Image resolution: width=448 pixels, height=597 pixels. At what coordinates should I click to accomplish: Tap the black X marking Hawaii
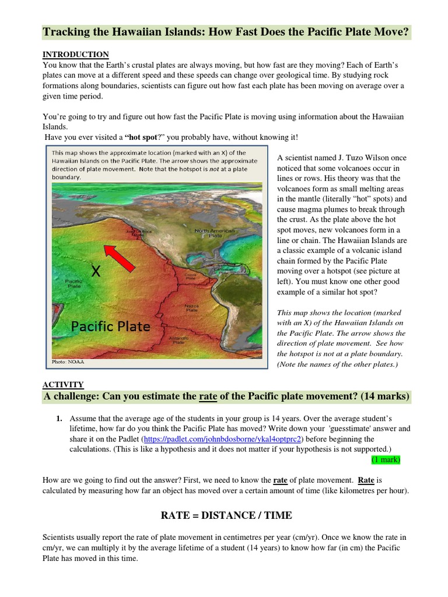(96, 271)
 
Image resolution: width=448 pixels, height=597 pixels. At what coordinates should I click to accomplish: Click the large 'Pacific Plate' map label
(110, 326)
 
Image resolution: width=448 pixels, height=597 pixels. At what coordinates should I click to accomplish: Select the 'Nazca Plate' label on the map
(191, 308)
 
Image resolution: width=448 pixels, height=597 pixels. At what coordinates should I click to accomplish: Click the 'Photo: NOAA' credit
(68, 361)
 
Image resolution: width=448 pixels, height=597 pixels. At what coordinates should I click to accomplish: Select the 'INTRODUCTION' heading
(76, 54)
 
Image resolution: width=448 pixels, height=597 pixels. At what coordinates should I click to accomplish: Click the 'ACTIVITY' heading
(63, 384)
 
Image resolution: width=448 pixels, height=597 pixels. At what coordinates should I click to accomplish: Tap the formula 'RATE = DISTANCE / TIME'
(226, 515)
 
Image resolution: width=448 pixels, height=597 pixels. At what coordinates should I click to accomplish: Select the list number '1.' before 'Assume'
(60, 419)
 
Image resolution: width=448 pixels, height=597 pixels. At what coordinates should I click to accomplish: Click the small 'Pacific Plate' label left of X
(73, 283)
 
